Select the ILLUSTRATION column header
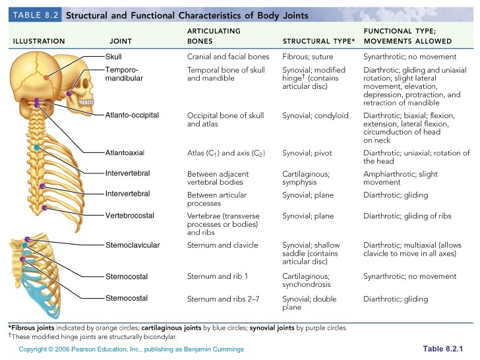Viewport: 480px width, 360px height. coord(39,42)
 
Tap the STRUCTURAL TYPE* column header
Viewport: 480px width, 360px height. coord(318,42)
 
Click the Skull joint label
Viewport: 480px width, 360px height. coord(113,57)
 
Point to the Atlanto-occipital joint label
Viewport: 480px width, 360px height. coord(132,115)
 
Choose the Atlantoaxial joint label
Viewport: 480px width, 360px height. coord(125,153)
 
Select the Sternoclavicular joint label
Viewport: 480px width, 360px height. coord(133,245)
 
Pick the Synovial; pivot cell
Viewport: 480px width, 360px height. coord(307,153)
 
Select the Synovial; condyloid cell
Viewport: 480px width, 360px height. coord(315,115)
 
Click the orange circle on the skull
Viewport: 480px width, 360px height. coord(46,78)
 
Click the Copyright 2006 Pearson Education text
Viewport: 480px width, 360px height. coord(131,349)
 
